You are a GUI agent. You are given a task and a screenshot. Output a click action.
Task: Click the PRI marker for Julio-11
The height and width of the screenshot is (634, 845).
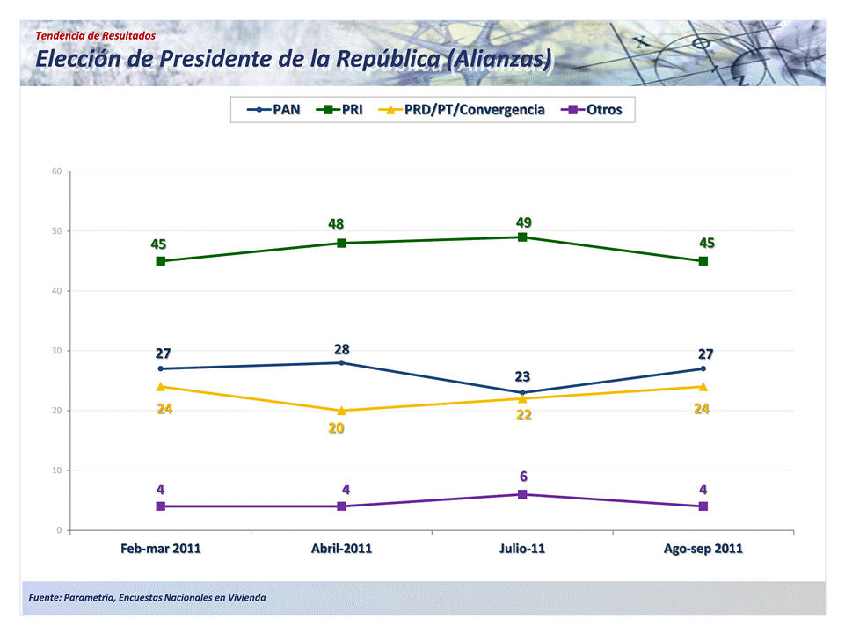522,237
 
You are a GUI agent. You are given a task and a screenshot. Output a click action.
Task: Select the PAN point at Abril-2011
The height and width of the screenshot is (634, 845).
341,362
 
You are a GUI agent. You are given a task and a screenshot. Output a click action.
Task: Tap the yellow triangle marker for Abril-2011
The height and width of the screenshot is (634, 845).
341,410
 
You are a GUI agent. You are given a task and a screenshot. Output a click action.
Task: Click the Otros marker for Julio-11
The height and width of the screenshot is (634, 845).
522,494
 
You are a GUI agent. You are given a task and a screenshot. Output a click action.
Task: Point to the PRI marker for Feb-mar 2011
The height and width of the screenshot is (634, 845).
161,261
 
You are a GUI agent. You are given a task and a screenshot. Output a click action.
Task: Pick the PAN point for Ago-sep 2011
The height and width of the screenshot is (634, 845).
703,368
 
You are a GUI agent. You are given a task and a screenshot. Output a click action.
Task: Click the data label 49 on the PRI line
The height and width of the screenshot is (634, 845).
524,222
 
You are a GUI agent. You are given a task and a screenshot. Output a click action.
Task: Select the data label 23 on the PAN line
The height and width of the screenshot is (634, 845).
523,376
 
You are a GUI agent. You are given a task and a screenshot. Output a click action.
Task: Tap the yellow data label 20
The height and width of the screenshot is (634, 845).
336,428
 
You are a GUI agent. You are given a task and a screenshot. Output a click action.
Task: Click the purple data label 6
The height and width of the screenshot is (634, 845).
523,476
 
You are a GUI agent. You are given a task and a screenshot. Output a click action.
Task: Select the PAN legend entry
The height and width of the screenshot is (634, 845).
274,110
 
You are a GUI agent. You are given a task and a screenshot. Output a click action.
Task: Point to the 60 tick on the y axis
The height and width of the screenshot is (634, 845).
55,171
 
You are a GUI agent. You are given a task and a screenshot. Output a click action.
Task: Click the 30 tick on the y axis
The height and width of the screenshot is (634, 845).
55,351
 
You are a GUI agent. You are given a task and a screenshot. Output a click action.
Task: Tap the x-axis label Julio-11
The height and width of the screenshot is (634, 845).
522,549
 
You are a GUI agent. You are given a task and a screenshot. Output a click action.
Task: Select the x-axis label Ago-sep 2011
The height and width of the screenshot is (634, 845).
703,549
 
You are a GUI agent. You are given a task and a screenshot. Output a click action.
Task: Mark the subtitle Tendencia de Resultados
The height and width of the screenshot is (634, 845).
96,35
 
